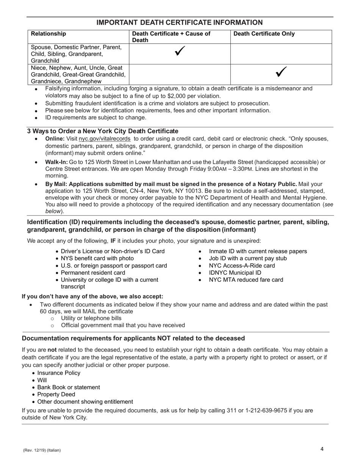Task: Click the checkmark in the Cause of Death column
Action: point(180,52)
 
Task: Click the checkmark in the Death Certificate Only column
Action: point(281,72)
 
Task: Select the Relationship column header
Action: point(48,34)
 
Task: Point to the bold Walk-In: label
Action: point(56,162)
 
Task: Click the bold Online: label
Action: point(55,139)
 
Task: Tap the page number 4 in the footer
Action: point(322,449)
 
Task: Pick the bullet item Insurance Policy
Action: point(59,373)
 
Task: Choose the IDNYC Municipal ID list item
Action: point(235,273)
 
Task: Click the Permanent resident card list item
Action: point(93,273)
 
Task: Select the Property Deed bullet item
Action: point(56,394)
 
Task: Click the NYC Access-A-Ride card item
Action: point(242,266)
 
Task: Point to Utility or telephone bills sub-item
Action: point(91,318)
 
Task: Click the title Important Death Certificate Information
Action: point(180,23)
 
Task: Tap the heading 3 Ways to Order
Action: point(102,131)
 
